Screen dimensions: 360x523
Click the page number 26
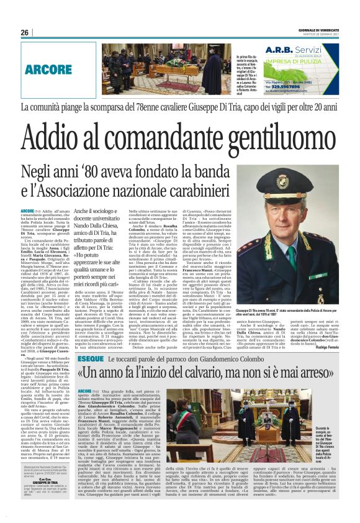tap(25, 32)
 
